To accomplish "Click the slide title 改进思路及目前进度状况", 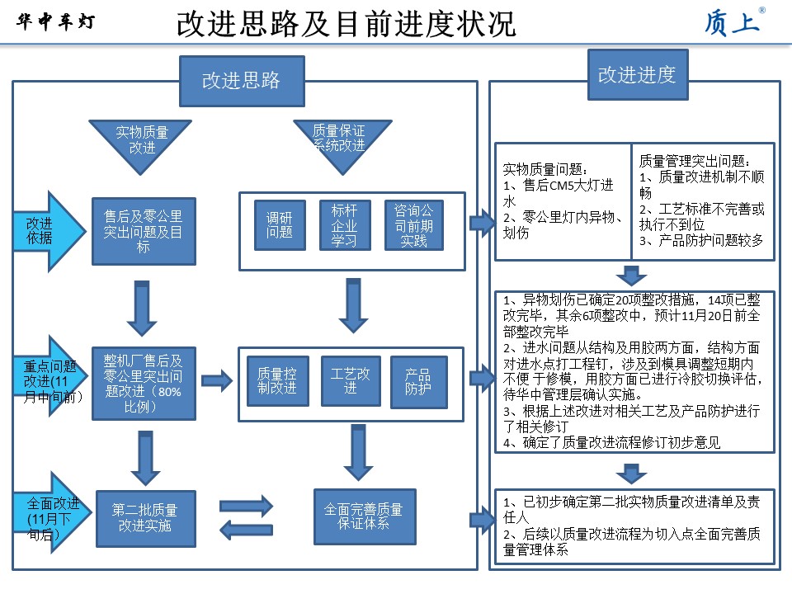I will pyautogui.click(x=346, y=24).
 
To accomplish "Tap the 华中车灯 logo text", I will pyautogui.click(x=56, y=22).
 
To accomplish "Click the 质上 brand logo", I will pyautogui.click(x=732, y=22).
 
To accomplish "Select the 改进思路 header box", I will pyautogui.click(x=241, y=80).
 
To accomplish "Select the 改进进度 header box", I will pyautogui.click(x=636, y=74).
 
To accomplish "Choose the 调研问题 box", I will pyautogui.click(x=279, y=225).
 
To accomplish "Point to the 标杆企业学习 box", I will pyautogui.click(x=344, y=224).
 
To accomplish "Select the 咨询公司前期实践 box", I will pyautogui.click(x=413, y=224).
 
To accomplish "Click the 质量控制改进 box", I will pyautogui.click(x=277, y=380).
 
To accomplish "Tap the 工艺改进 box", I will pyautogui.click(x=351, y=380).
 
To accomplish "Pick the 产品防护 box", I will pyautogui.click(x=418, y=381).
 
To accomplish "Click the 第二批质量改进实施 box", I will pyautogui.click(x=145, y=516).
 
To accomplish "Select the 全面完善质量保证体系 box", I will pyautogui.click(x=364, y=516).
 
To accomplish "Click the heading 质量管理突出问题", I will pyautogui.click(x=694, y=161).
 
